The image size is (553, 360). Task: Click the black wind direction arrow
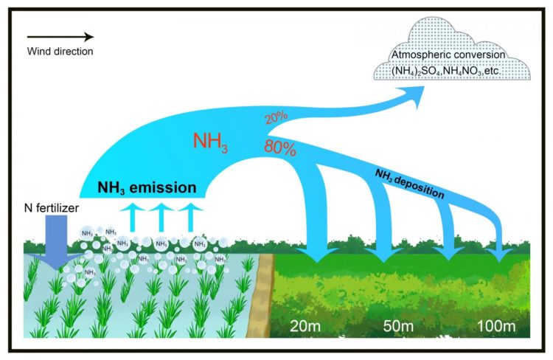point(61,37)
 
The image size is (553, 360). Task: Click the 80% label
point(280,148)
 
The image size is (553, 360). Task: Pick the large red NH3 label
point(210,142)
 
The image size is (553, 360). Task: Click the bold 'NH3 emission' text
point(147,187)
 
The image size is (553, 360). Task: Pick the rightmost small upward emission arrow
point(191,215)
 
